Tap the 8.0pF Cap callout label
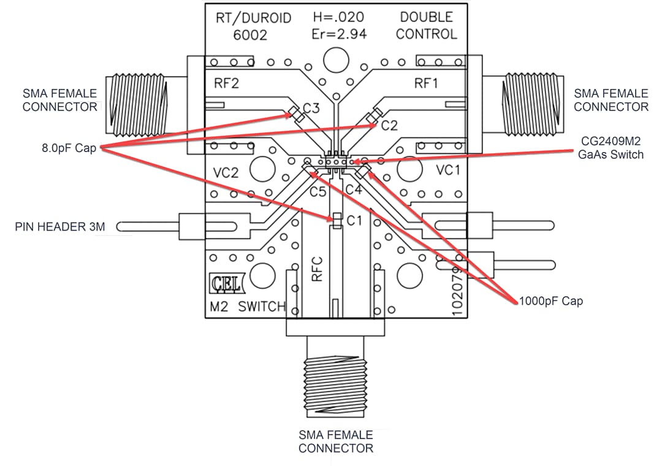coord(69,148)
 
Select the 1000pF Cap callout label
coord(550,301)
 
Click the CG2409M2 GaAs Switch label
coord(611,148)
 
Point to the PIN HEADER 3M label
coord(59,227)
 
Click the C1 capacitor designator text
coord(355,221)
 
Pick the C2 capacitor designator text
coord(389,126)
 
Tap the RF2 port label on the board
coord(226,84)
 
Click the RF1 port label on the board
coord(426,84)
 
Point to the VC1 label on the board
coord(448,170)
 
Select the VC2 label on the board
coord(226,173)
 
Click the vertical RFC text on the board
coord(317,269)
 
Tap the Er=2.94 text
coord(339,34)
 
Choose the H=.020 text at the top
coord(339,17)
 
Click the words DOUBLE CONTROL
coord(426,26)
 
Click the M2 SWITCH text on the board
coord(248,307)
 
